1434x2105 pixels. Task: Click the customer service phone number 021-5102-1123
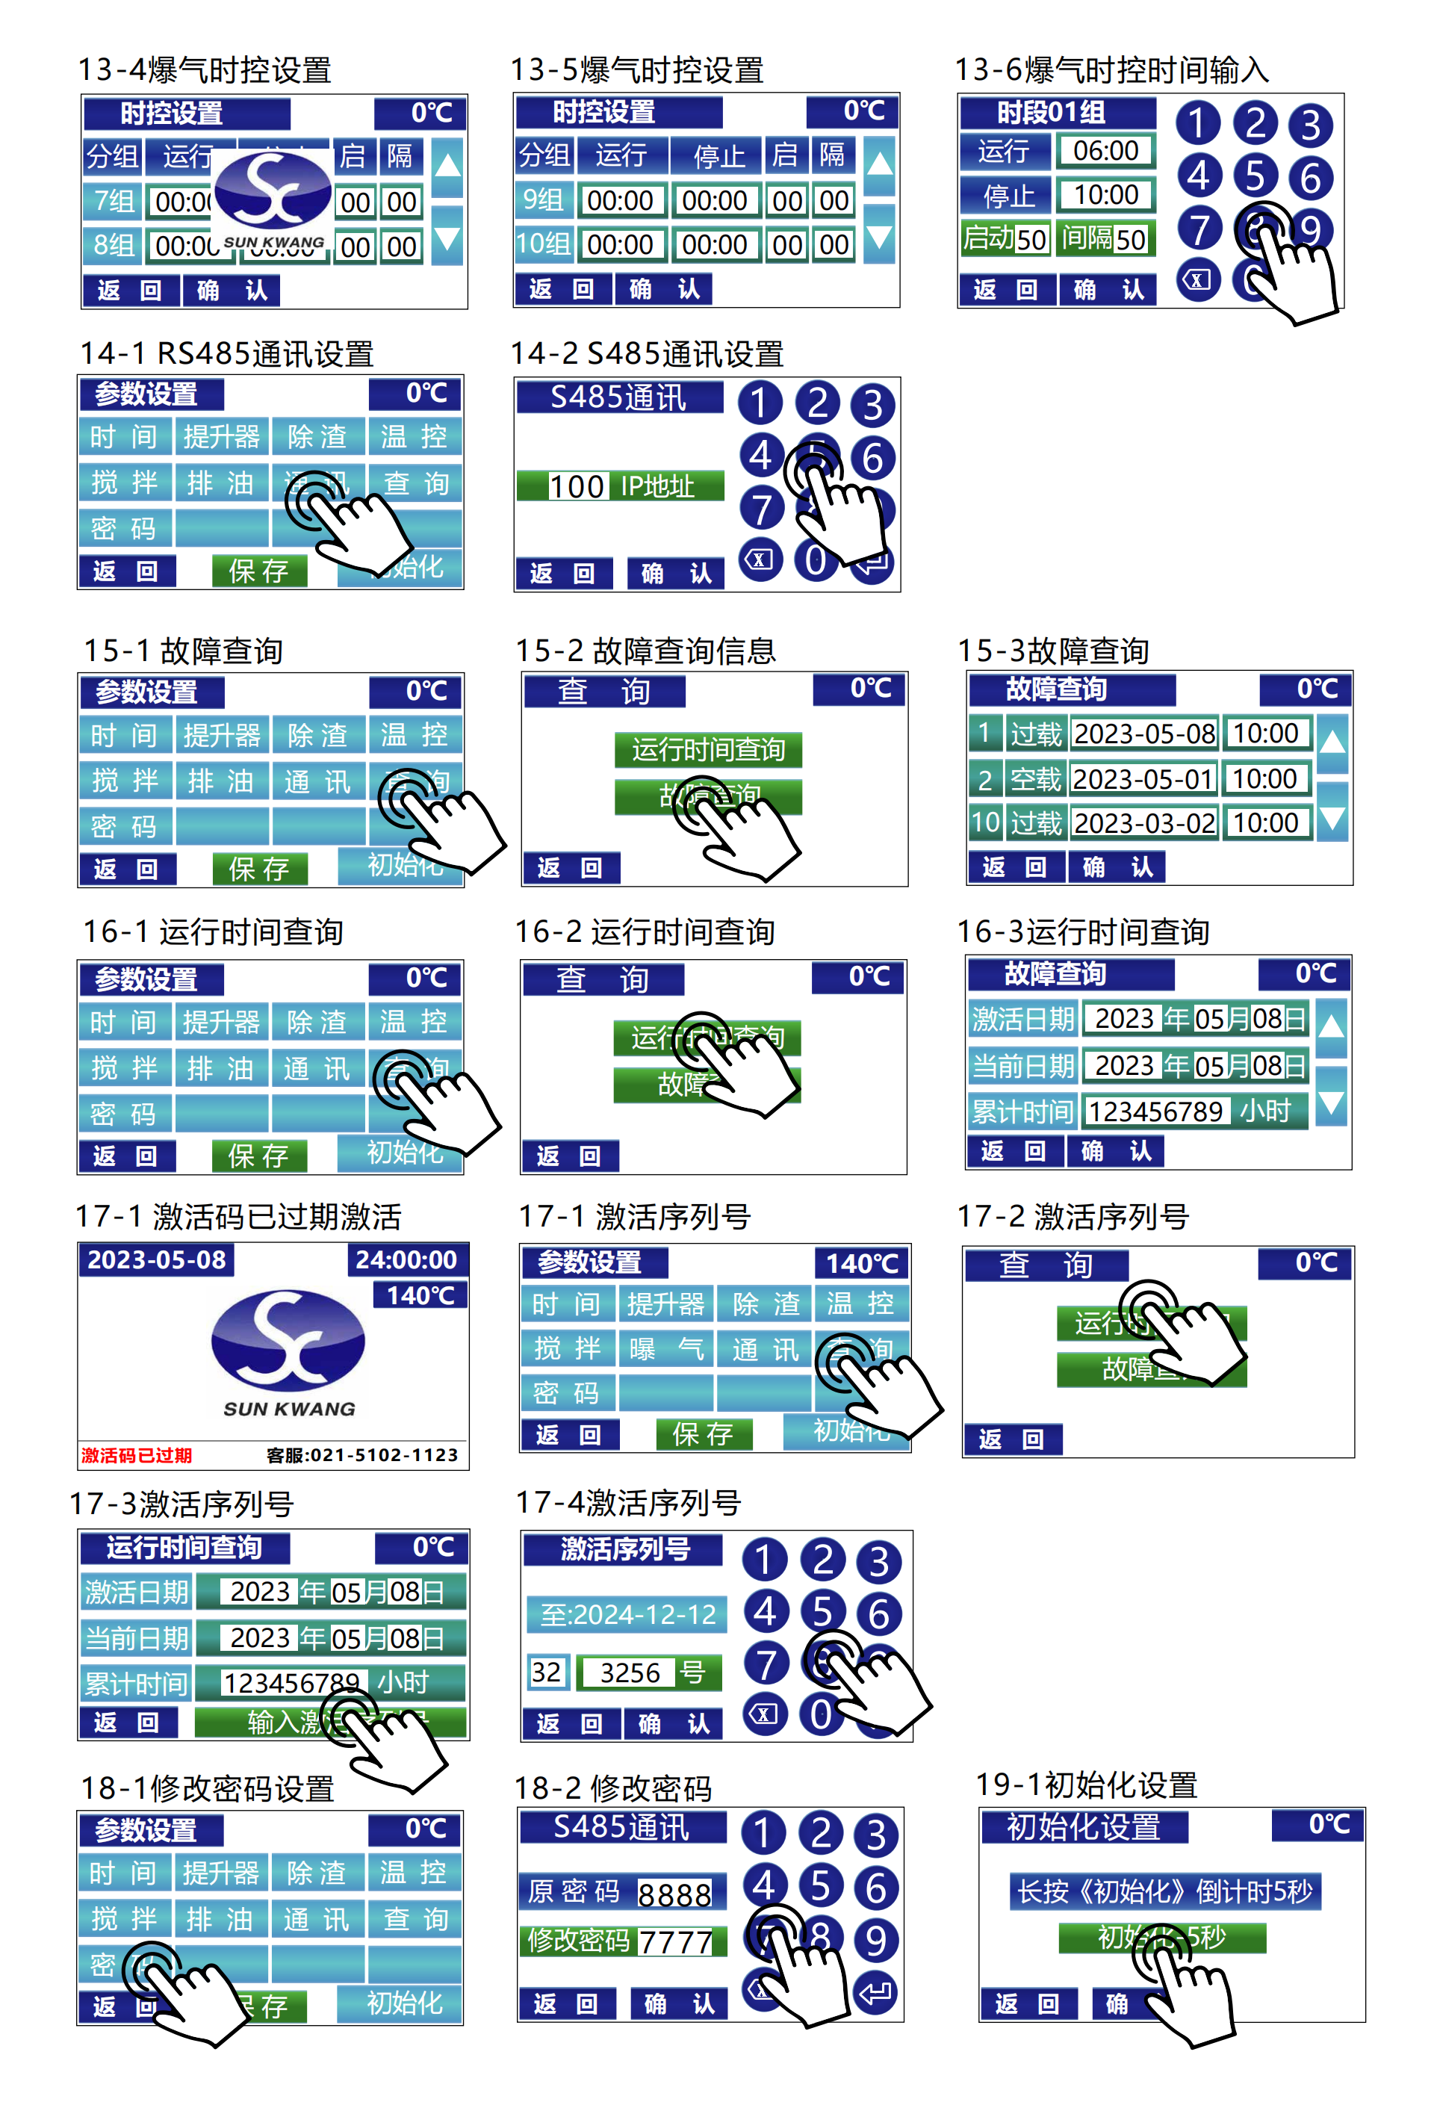coord(361,1454)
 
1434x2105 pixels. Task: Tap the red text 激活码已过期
coord(137,1454)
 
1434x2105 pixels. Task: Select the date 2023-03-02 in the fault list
coord(1144,823)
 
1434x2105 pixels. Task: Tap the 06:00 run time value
coord(1105,150)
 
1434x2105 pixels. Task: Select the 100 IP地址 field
coord(621,486)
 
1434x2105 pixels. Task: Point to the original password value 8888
coord(675,1894)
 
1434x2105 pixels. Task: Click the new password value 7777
coord(675,1941)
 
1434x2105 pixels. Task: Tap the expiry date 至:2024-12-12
coord(628,1614)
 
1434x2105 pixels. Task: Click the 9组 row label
coord(544,200)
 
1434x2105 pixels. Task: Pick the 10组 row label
coord(544,244)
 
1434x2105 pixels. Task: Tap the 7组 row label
coord(114,201)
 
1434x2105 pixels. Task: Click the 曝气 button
coord(665,1349)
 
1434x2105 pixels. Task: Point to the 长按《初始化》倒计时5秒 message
coord(1164,1891)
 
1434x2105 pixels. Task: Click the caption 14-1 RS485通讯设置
coord(226,354)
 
